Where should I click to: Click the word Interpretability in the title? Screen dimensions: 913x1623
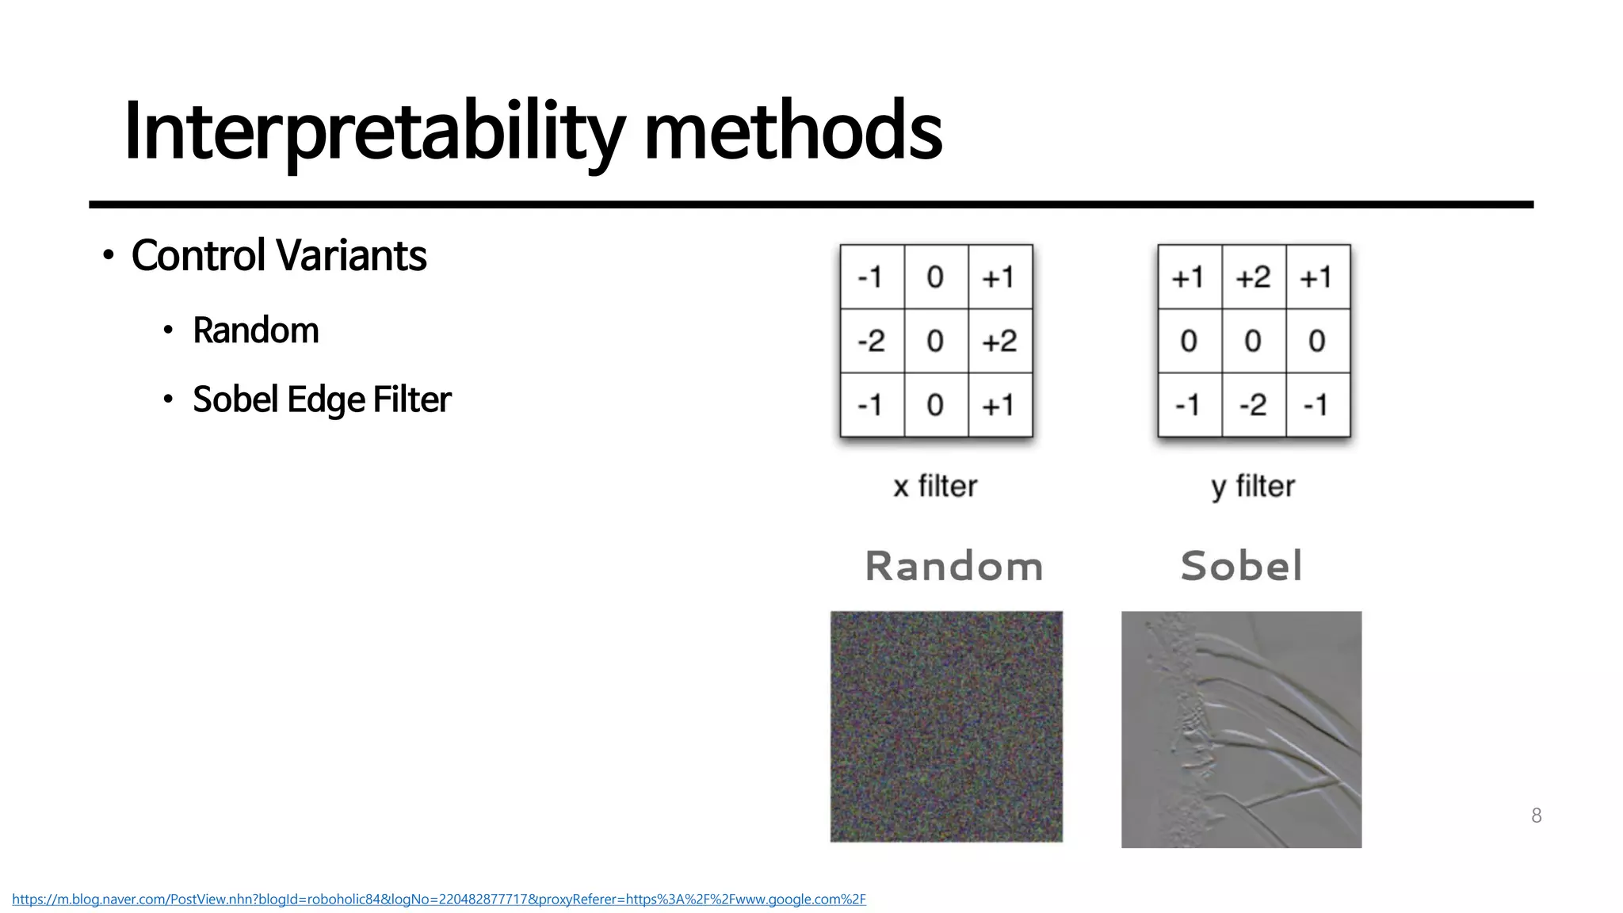tap(372, 132)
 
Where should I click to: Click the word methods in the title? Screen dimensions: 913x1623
tap(792, 132)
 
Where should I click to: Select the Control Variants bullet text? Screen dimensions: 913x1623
tap(278, 256)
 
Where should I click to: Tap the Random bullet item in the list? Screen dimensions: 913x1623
tap(255, 330)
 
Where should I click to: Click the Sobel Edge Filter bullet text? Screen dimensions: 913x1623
tap(321, 399)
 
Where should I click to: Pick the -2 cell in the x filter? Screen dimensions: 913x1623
tap(871, 341)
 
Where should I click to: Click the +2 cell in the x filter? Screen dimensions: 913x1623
tap(999, 341)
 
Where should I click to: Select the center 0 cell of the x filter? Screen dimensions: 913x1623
tap(935, 341)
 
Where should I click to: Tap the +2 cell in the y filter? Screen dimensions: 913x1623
tap(1253, 277)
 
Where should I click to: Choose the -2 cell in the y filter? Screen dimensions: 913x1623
tap(1253, 405)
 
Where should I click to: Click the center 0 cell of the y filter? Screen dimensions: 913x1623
tap(1253, 341)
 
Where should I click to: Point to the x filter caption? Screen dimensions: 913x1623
tap(935, 486)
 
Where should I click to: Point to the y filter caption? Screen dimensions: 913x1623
tap(1253, 486)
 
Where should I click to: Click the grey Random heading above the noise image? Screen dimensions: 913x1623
tap(953, 567)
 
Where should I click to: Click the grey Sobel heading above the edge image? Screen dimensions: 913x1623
tap(1241, 567)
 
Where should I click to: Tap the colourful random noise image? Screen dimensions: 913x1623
tap(946, 726)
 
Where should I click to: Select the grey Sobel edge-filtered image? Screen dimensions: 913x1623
tap(1241, 729)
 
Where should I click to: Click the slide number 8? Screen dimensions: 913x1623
tap(1536, 816)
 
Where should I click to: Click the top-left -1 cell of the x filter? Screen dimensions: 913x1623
tap(871, 277)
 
